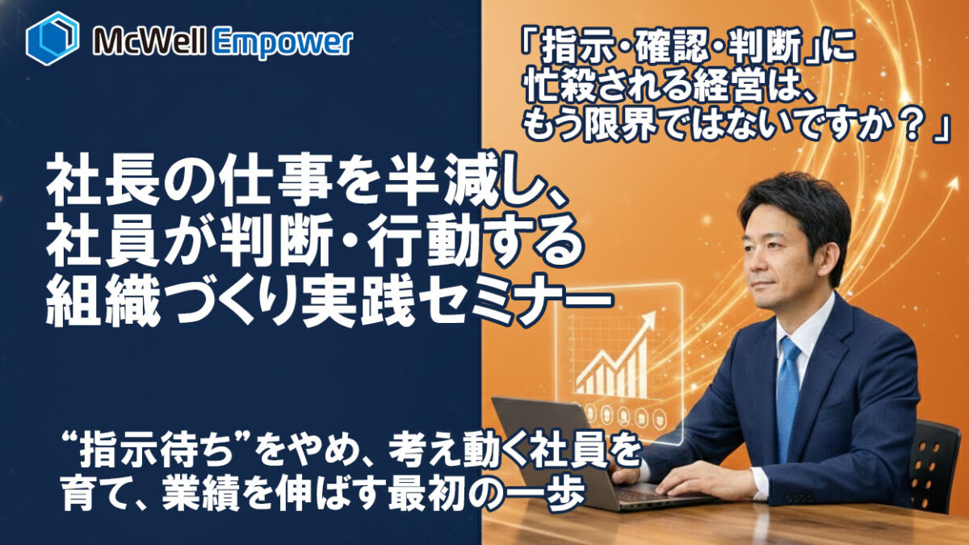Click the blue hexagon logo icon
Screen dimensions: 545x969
click(52, 38)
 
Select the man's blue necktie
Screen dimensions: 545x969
click(788, 388)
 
